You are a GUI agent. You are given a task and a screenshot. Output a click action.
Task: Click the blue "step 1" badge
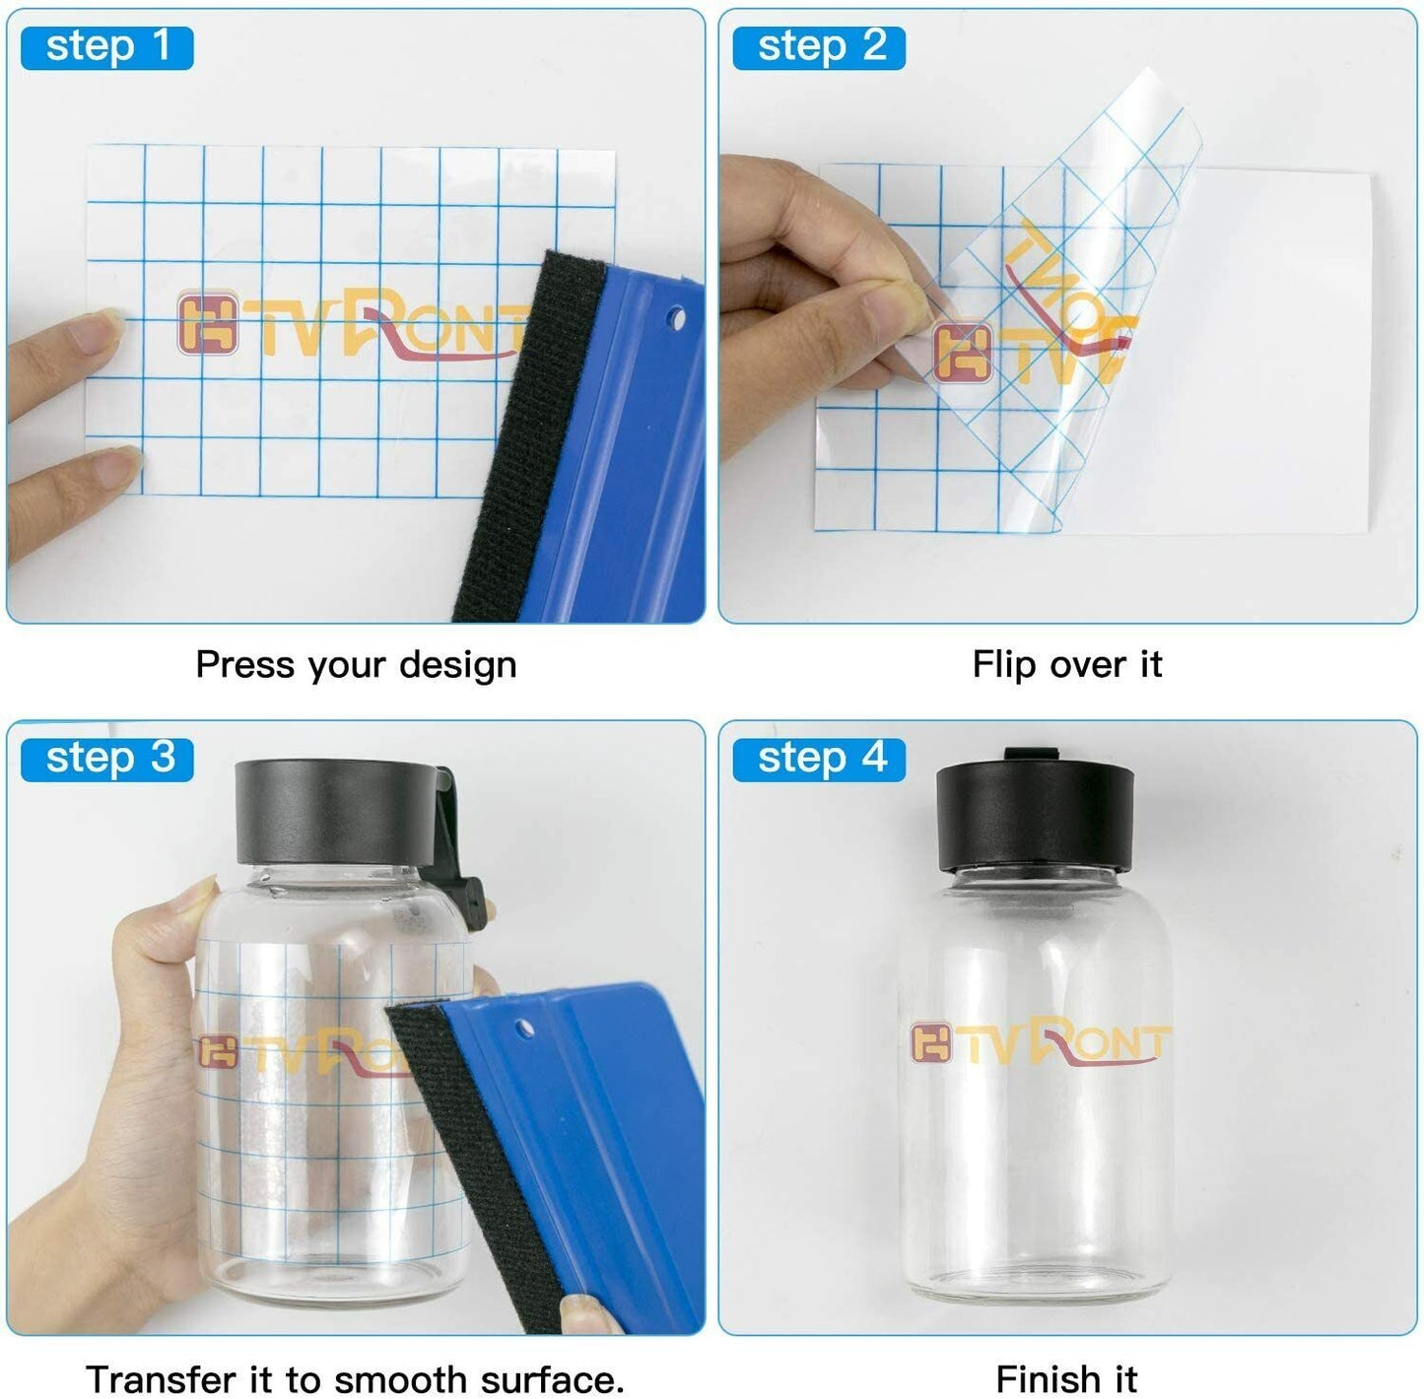[107, 48]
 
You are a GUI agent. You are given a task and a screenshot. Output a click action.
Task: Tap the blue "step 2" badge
[819, 48]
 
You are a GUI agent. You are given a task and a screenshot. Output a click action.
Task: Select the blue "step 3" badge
[107, 759]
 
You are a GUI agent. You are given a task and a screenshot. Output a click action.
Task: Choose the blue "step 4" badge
[819, 759]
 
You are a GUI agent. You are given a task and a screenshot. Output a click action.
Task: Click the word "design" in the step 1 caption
[457, 664]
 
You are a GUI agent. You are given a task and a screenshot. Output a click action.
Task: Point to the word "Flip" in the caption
[1003, 664]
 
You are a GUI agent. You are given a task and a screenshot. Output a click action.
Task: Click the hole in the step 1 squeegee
[675, 320]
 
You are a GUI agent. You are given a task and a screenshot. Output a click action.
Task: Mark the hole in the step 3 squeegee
[524, 1028]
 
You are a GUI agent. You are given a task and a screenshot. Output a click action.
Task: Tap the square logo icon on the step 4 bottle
[931, 1043]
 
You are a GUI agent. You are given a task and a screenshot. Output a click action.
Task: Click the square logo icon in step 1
[208, 322]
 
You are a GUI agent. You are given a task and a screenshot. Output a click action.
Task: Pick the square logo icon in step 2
[963, 353]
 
